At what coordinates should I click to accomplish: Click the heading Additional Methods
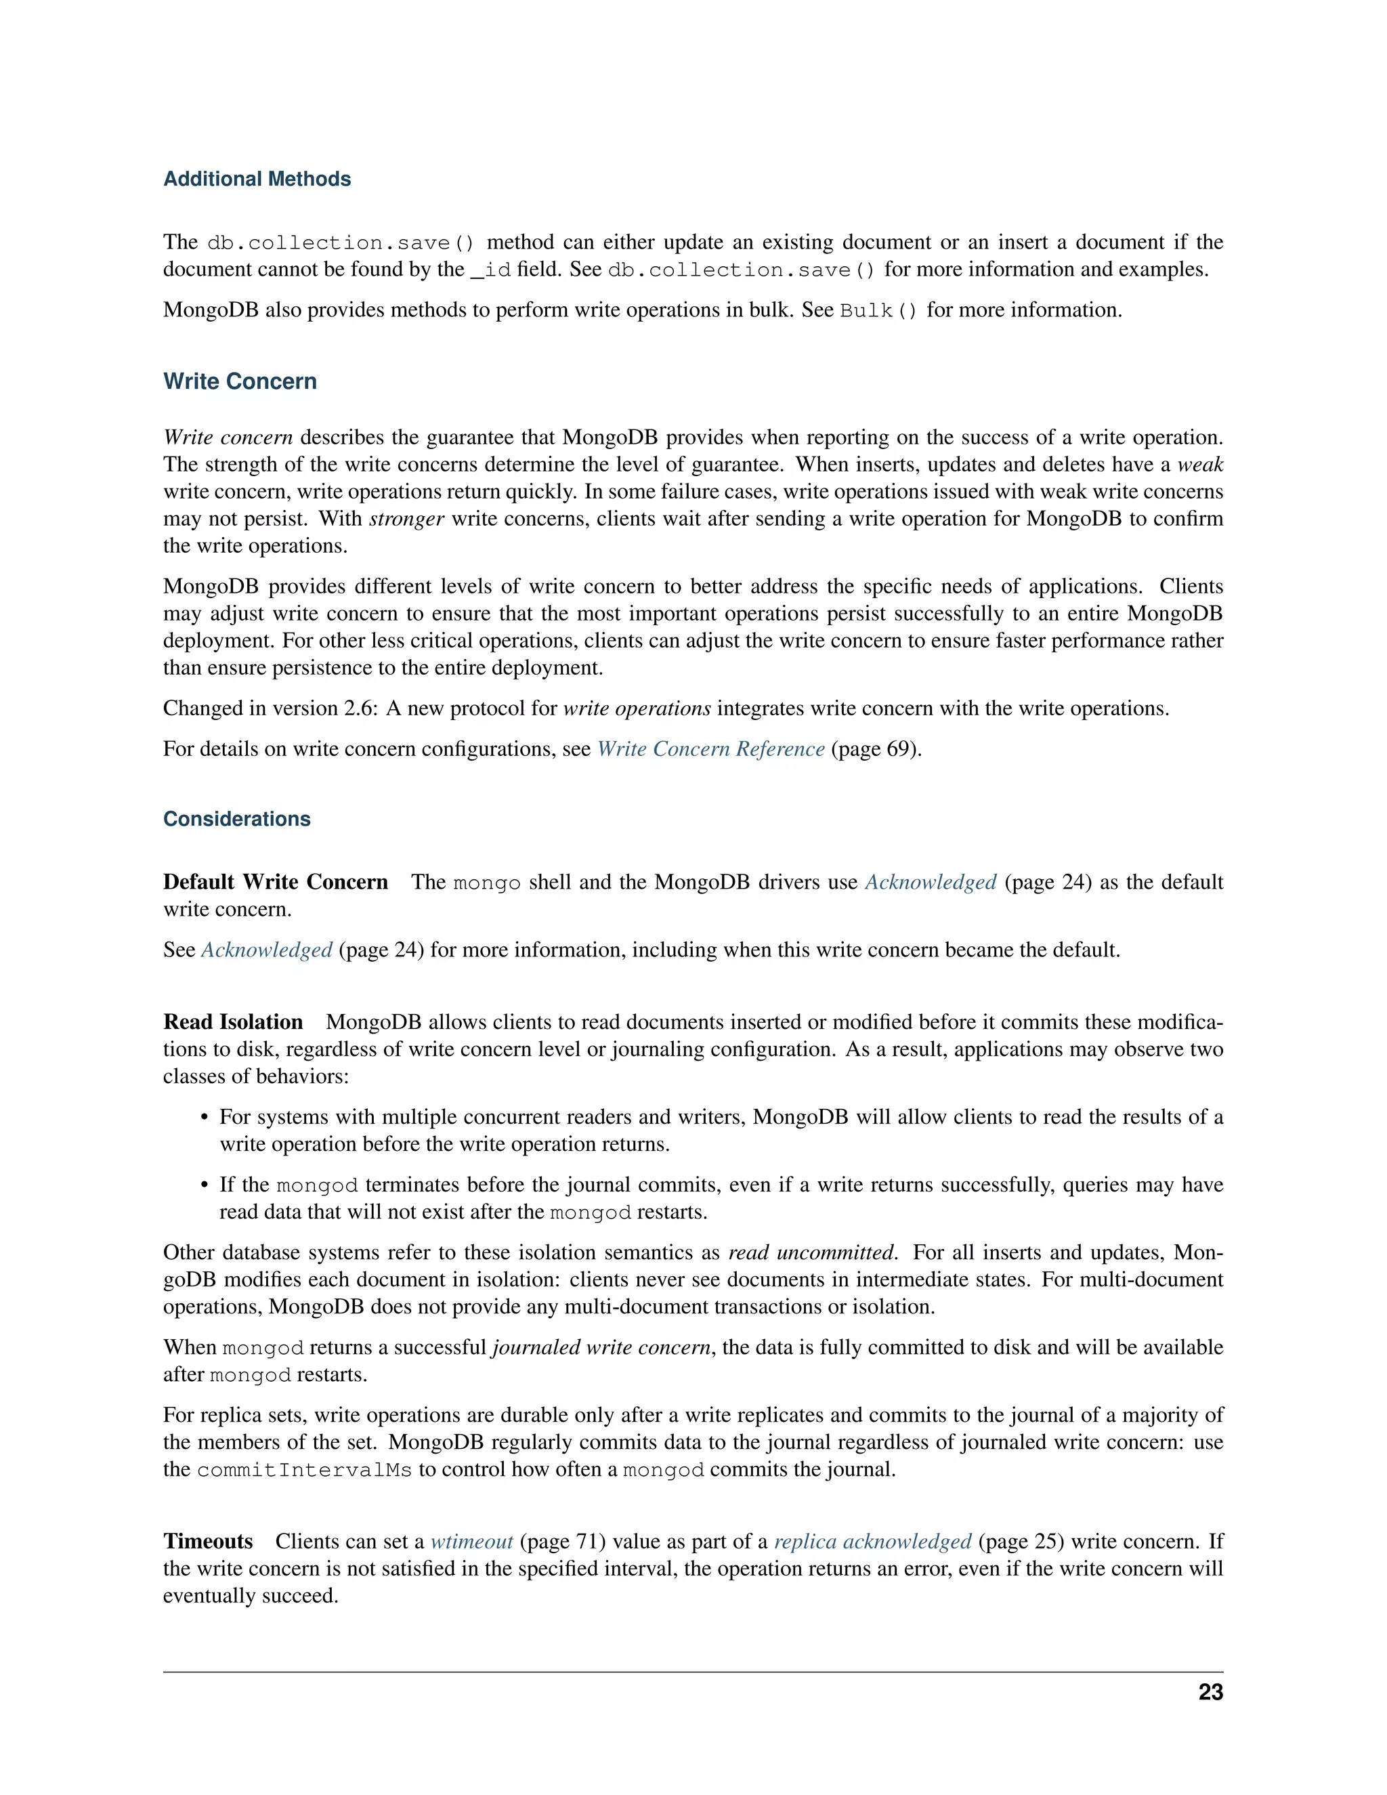(x=257, y=179)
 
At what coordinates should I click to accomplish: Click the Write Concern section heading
(x=240, y=381)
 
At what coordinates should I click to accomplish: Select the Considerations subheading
(x=236, y=819)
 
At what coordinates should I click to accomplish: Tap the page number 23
(x=1210, y=1692)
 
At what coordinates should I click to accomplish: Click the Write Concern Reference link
(x=710, y=748)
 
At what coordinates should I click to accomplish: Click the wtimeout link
(x=471, y=1541)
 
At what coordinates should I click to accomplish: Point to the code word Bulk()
(x=878, y=311)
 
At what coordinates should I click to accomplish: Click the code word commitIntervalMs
(x=304, y=1470)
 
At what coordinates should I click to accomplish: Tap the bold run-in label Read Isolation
(x=234, y=1021)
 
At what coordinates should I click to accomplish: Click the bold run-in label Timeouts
(x=208, y=1541)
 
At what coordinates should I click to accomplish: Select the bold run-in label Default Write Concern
(x=275, y=882)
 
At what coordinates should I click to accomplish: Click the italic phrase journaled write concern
(x=601, y=1347)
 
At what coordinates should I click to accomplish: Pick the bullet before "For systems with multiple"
(x=205, y=1118)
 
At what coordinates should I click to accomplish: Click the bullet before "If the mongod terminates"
(x=205, y=1185)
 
